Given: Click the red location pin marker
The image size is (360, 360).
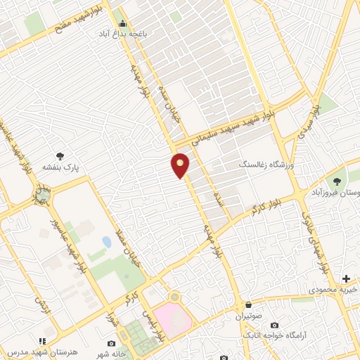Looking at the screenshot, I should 181,166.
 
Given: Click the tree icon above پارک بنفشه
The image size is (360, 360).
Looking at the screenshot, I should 62,156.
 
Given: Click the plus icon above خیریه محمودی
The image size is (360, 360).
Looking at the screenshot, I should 346,278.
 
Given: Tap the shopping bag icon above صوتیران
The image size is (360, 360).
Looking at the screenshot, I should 250,304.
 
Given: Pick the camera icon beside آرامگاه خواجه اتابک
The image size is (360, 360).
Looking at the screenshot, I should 274,326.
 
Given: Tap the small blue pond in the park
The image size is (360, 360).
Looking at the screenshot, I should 106,242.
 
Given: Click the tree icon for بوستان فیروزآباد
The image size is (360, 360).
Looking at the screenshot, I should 340,181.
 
